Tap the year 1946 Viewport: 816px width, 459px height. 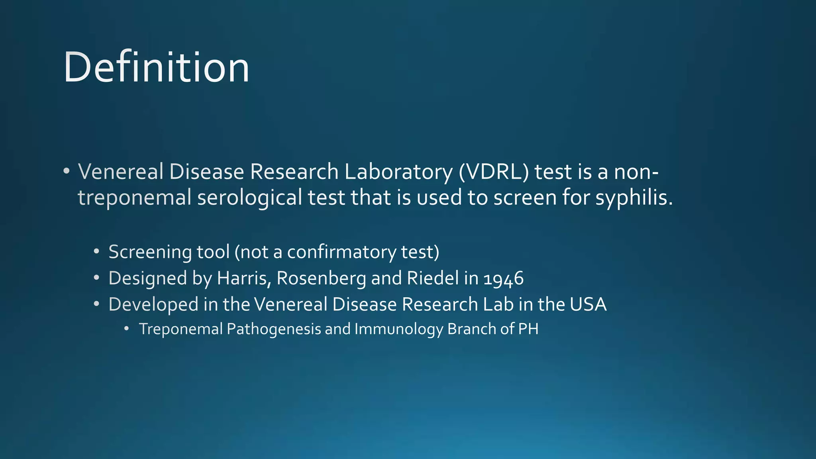pos(504,278)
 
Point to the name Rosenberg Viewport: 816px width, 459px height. pos(321,278)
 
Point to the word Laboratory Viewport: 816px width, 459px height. pos(398,172)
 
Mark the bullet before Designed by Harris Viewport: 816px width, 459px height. pos(96,278)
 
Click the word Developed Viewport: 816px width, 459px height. pos(153,304)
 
